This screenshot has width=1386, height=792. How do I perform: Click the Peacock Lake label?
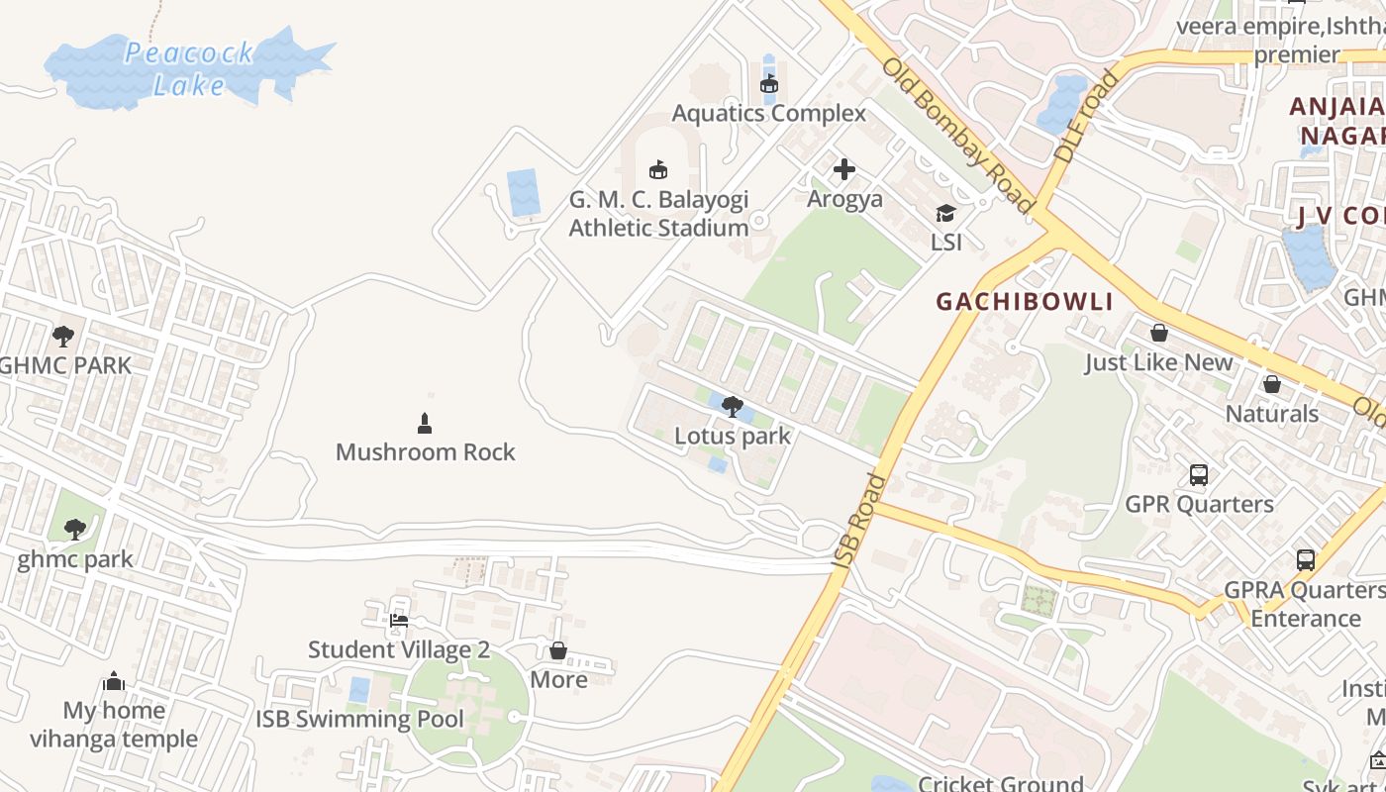pyautogui.click(x=188, y=68)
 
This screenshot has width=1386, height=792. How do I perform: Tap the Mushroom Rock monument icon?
pyautogui.click(x=425, y=424)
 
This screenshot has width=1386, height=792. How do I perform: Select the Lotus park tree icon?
pyautogui.click(x=733, y=406)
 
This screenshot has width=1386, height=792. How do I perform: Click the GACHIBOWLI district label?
pyautogui.click(x=1025, y=302)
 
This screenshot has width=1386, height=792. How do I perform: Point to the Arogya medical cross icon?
pyautogui.click(x=844, y=170)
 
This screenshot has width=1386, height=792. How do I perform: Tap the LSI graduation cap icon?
pyautogui.click(x=946, y=214)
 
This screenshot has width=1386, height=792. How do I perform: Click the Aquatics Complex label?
pyautogui.click(x=769, y=113)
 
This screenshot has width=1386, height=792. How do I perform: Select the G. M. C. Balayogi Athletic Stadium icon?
pyautogui.click(x=658, y=170)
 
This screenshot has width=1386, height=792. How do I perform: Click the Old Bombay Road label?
pyautogui.click(x=957, y=137)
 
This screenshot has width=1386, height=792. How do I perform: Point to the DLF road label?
pyautogui.click(x=1086, y=117)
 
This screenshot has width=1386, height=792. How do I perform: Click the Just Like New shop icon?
pyautogui.click(x=1158, y=334)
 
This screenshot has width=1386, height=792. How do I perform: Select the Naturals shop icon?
pyautogui.click(x=1272, y=384)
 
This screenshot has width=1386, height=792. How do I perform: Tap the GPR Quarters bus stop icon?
pyautogui.click(x=1199, y=475)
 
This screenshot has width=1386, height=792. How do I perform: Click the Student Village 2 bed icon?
pyautogui.click(x=399, y=621)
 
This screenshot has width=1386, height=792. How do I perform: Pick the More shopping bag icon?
pyautogui.click(x=558, y=650)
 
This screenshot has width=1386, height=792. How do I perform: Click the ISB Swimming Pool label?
pyautogui.click(x=359, y=719)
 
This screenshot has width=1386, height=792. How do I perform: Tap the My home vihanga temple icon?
pyautogui.click(x=114, y=682)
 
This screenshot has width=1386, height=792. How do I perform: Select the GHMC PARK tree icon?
pyautogui.click(x=63, y=337)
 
